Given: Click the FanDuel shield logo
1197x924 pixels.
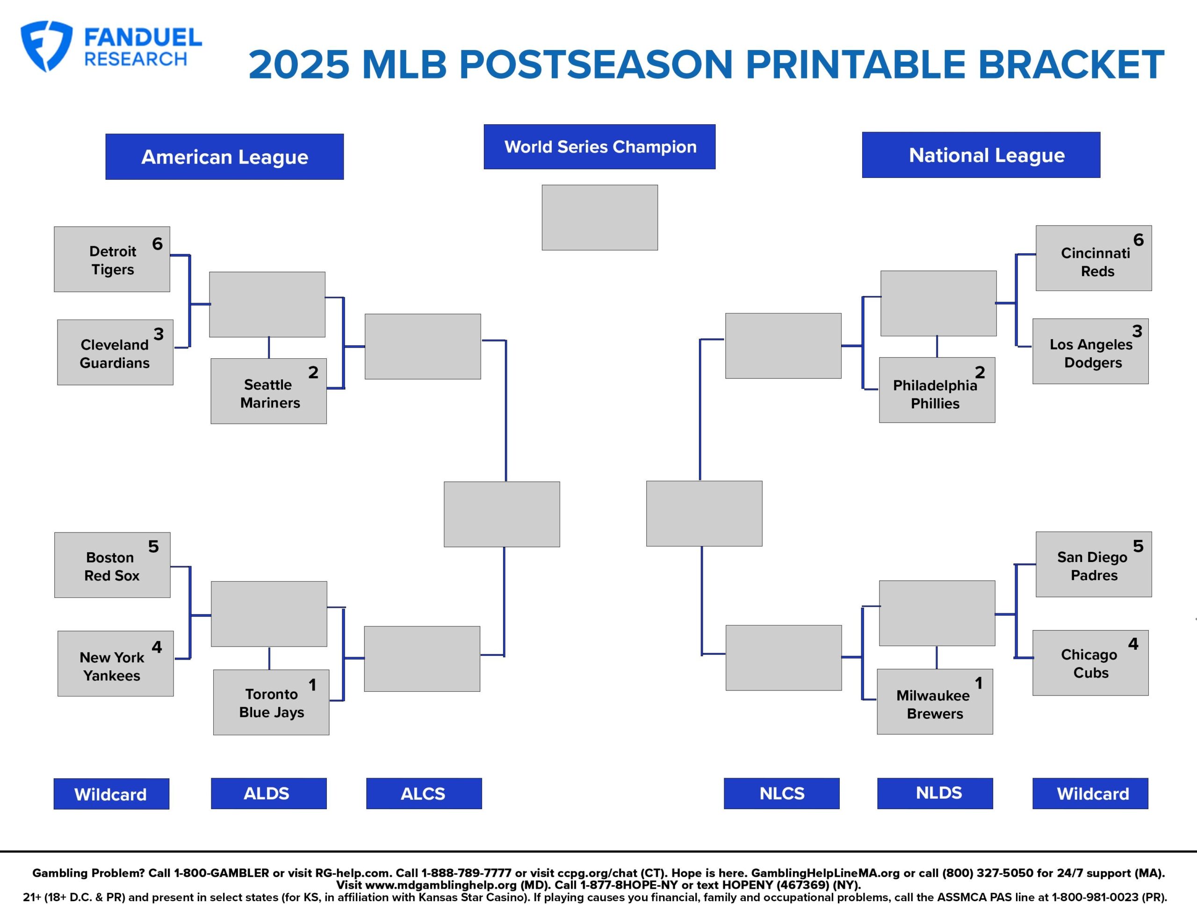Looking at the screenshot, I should pos(45,46).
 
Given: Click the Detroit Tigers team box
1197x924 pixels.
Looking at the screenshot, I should pos(112,260).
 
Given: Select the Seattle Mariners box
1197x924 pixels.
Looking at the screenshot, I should pos(268,391).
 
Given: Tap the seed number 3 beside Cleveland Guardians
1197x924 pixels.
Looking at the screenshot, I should pos(159,334).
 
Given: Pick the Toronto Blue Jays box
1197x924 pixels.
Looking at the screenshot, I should pos(271,702).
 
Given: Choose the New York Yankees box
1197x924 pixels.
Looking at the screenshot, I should pos(115,664).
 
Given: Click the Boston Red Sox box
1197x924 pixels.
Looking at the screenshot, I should pos(112,565).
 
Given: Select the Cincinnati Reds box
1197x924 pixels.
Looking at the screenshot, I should pos(1093,258).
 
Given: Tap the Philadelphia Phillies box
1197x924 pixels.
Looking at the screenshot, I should pos(937,391).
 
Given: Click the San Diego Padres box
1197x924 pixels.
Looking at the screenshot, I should pos(1093,564).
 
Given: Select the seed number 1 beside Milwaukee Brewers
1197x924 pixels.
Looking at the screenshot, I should pos(978,683).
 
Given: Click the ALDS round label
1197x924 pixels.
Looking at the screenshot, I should pos(268,794).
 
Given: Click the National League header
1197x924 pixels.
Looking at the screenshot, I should pos(981,155).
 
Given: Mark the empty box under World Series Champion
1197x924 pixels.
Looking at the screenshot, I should pos(599,217).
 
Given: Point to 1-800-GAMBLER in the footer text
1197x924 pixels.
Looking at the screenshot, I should pos(222,873).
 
